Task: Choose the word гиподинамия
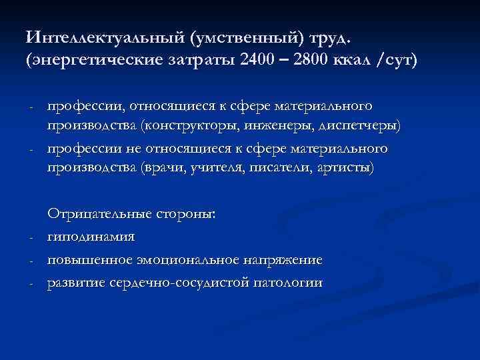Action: point(91,237)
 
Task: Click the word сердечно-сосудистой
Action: point(176,282)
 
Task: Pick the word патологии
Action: point(288,282)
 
